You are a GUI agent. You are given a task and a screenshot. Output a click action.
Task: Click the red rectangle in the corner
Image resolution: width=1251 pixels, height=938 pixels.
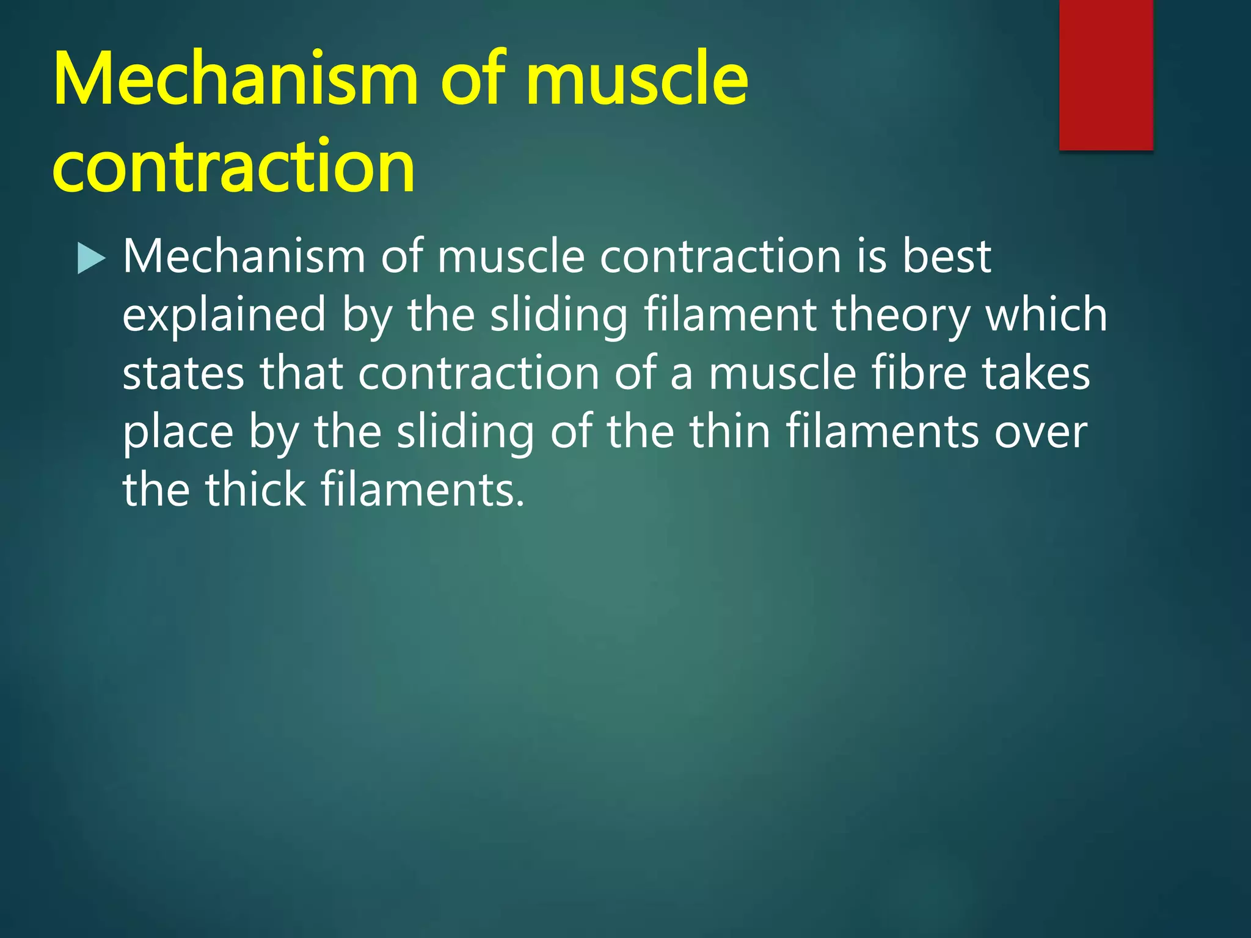tap(1106, 75)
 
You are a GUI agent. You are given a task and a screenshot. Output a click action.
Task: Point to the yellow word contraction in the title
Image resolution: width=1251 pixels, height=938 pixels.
tap(234, 166)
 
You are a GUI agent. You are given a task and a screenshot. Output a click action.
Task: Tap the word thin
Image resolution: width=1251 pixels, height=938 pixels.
tap(730, 431)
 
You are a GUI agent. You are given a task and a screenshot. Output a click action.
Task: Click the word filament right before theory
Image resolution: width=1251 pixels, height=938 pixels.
tap(731, 314)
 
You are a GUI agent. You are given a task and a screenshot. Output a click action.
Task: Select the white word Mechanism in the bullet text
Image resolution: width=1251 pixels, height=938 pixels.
tap(244, 256)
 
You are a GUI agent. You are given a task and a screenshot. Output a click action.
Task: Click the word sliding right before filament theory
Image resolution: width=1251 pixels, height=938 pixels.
tap(559, 316)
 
